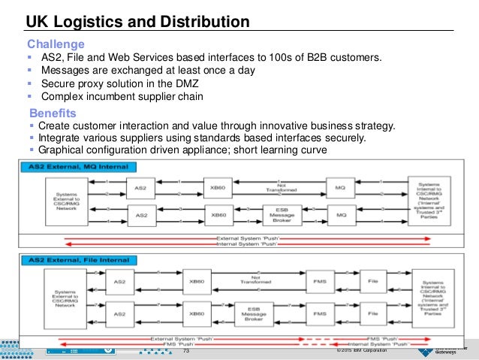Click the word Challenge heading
click(56, 44)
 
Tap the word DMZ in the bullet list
click(200, 83)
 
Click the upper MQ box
click(339, 184)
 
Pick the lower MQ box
click(339, 215)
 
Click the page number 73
click(187, 351)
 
